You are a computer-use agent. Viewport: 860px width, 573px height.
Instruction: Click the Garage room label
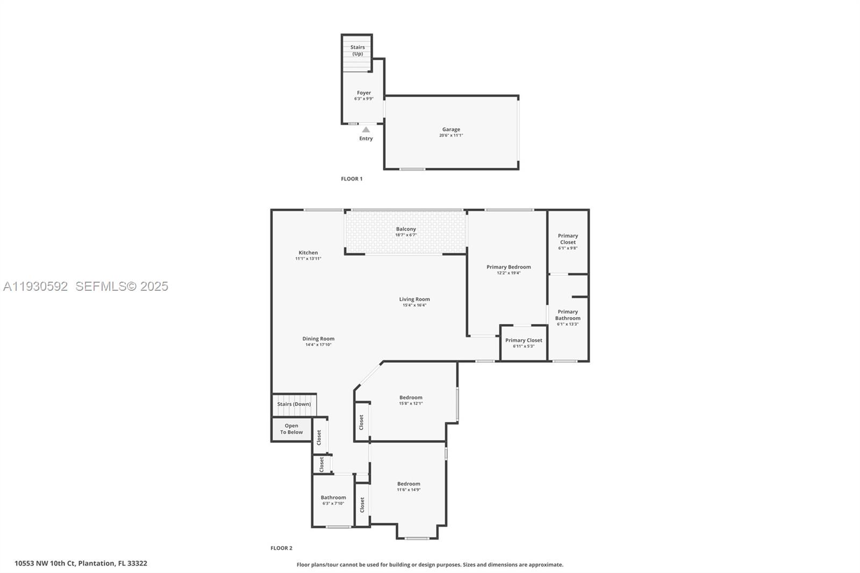(451, 130)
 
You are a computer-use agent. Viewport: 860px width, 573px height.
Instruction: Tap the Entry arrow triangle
(366, 130)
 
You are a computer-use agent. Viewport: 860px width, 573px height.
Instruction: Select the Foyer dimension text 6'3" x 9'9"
(364, 99)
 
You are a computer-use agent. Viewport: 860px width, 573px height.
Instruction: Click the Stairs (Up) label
(357, 51)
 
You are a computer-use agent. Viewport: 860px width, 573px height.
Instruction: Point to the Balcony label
(406, 229)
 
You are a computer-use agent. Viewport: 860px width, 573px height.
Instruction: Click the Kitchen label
(308, 253)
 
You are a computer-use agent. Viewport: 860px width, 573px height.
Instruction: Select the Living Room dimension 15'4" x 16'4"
(414, 305)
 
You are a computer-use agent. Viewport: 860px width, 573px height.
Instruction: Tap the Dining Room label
(318, 339)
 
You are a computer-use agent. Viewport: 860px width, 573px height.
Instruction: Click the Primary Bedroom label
(508, 267)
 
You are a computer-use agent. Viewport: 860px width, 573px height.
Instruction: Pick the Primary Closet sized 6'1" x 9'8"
(568, 239)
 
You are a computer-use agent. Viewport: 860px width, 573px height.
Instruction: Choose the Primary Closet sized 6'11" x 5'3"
(524, 340)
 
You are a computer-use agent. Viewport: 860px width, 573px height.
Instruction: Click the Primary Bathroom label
(568, 315)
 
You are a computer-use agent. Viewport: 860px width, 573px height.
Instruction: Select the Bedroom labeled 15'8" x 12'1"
(411, 398)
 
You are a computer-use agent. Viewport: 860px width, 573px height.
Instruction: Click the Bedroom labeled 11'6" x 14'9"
(408, 484)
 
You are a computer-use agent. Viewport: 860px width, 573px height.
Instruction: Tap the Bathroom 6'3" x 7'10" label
(333, 498)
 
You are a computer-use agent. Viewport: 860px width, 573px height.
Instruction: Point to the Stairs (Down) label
(294, 404)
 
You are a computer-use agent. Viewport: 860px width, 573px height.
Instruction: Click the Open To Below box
(291, 429)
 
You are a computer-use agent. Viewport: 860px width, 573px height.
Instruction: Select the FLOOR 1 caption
(352, 179)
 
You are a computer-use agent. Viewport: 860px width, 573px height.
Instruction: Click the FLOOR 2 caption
(281, 548)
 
